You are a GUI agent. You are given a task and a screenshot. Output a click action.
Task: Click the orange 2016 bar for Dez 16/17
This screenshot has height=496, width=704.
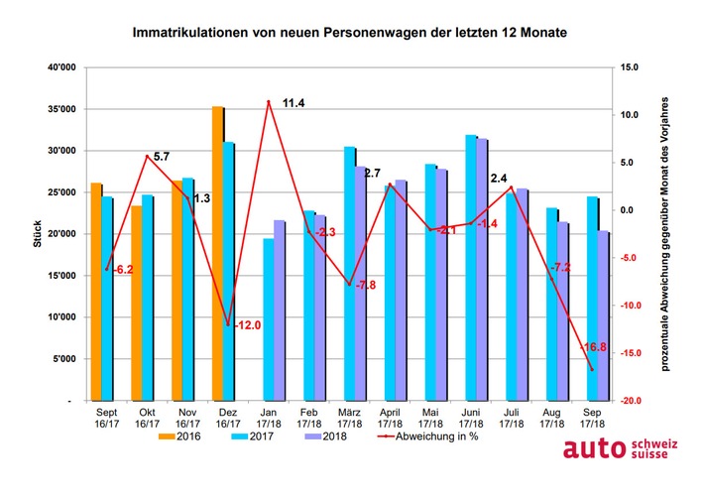217,253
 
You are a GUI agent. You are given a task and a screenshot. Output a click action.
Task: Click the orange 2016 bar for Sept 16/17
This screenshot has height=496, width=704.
95,292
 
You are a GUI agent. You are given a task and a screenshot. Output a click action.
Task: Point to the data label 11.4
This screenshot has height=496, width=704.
293,103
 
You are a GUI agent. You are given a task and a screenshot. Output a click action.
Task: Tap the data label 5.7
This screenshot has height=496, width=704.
162,157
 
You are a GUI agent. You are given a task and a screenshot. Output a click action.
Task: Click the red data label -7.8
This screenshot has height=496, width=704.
366,285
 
